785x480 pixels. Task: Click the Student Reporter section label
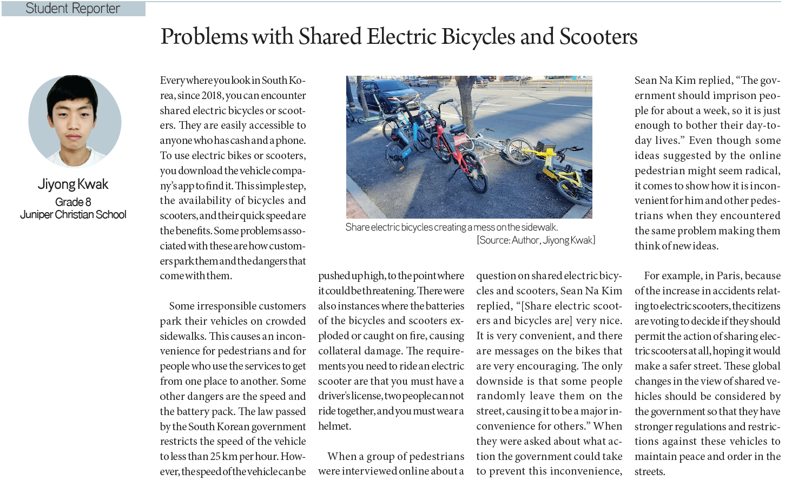pyautogui.click(x=73, y=9)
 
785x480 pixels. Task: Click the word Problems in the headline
pyautogui.click(x=204, y=37)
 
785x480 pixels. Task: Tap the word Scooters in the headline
pyautogui.click(x=598, y=37)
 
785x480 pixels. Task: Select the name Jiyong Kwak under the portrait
pyautogui.click(x=73, y=185)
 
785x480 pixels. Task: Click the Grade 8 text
pyautogui.click(x=73, y=202)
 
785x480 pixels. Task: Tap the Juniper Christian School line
pyautogui.click(x=73, y=214)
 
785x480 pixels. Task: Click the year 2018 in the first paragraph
pyautogui.click(x=212, y=96)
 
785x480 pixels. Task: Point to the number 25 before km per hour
pyautogui.click(x=215, y=456)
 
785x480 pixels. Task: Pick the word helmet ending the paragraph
pyautogui.click(x=334, y=426)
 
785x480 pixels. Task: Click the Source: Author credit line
pyautogui.click(x=536, y=240)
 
